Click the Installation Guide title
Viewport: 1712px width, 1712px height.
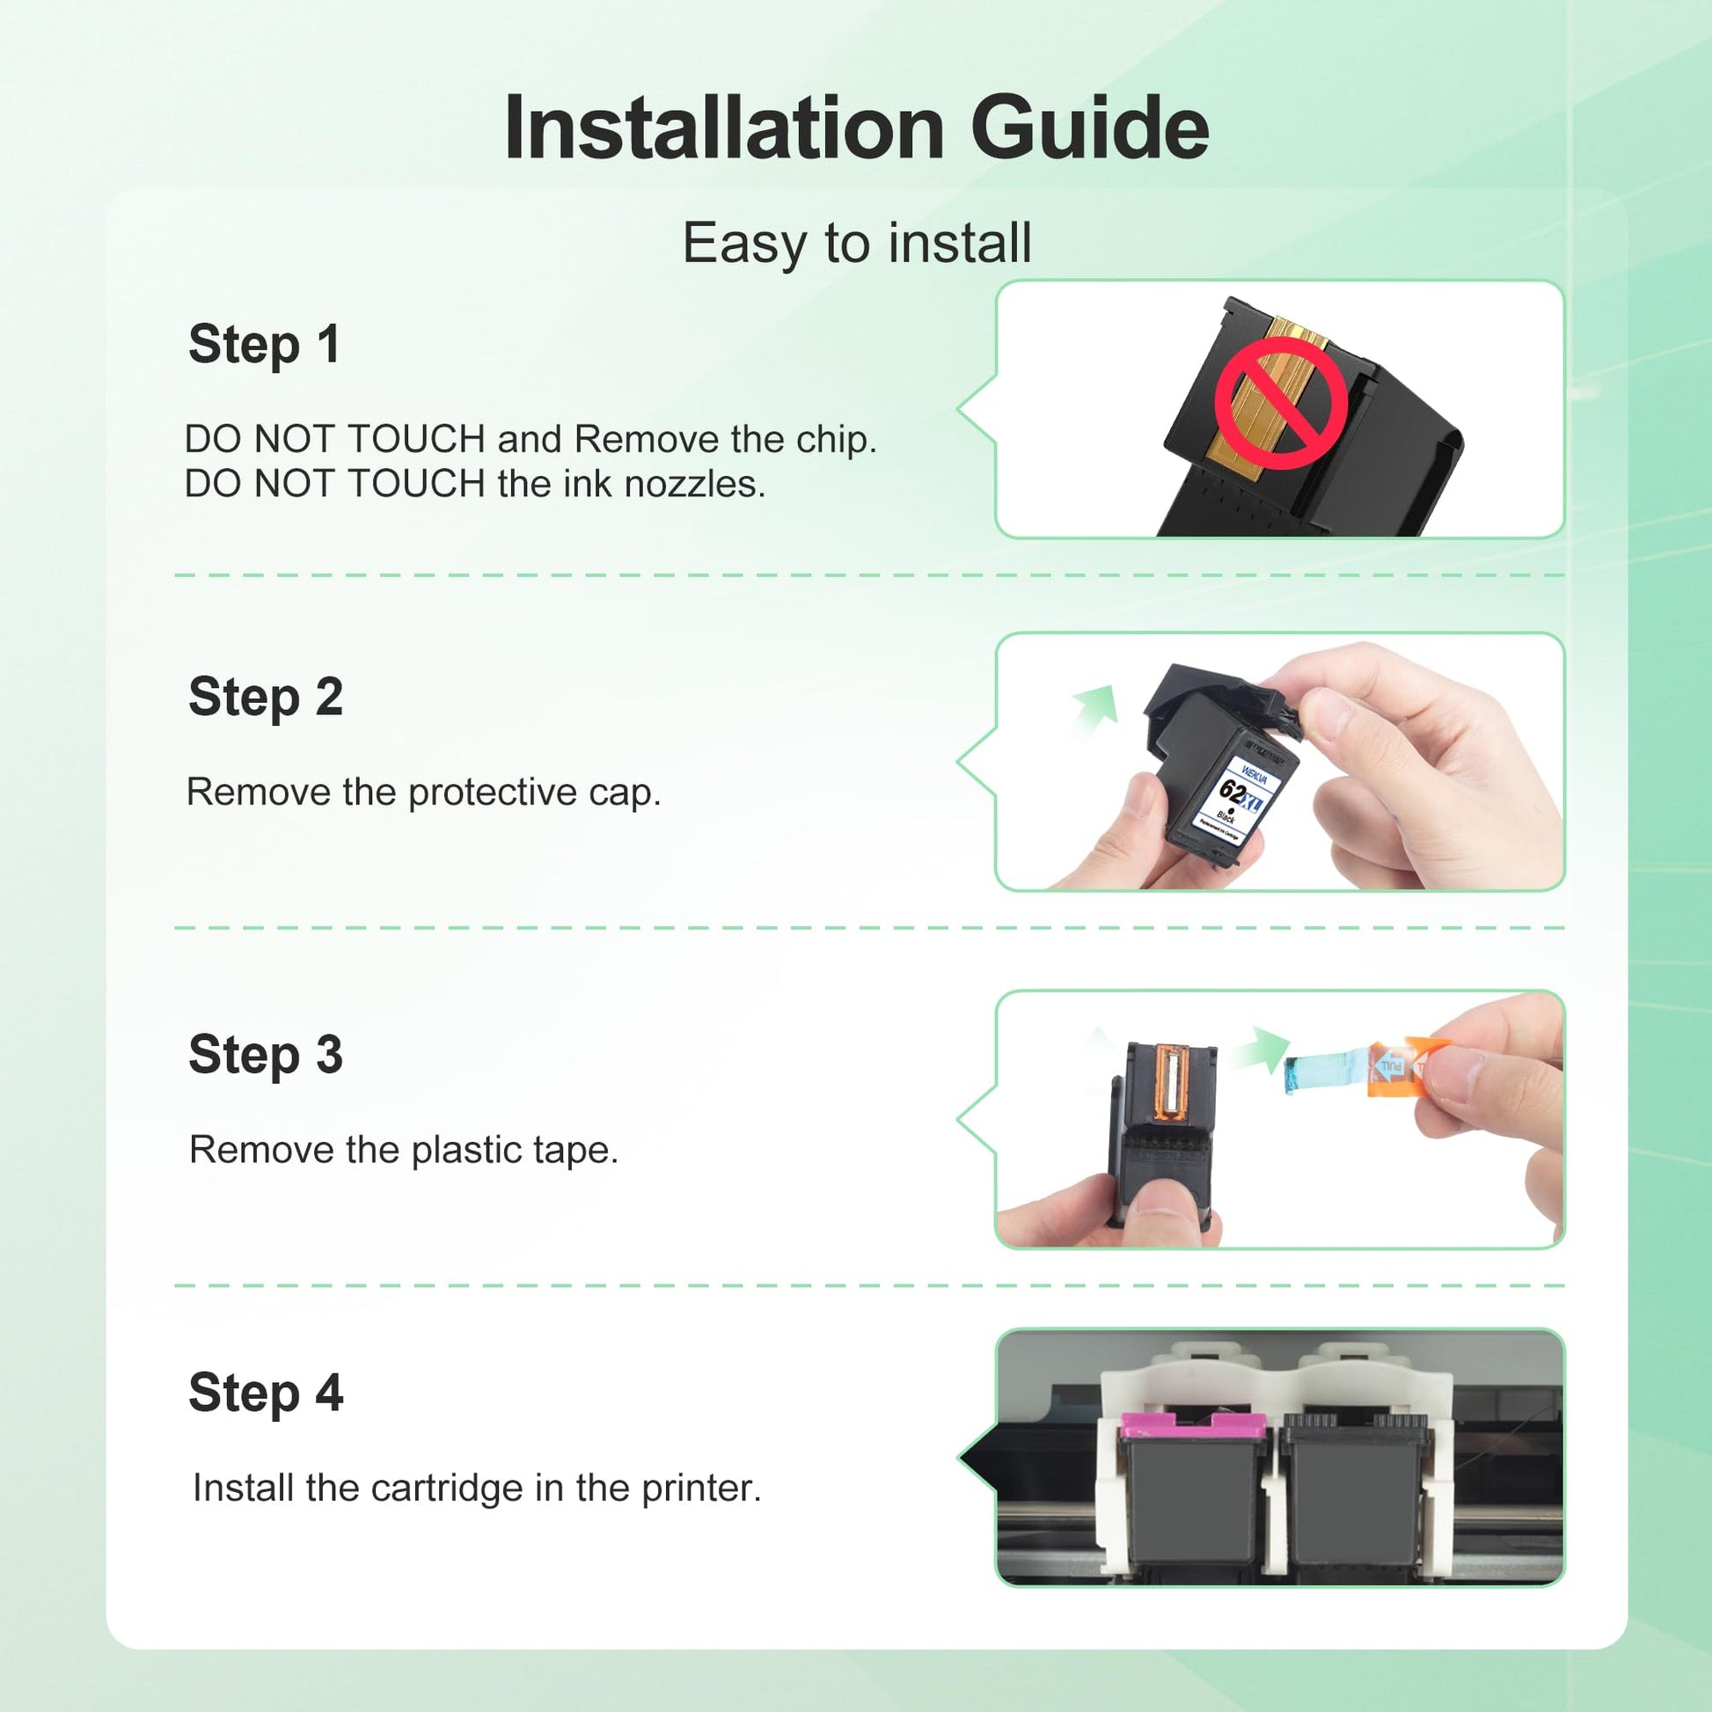click(856, 128)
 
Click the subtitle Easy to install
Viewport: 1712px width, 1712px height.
click(856, 242)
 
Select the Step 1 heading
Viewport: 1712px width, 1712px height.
click(264, 345)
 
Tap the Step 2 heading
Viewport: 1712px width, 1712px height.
click(265, 698)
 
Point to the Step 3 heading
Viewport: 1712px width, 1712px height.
click(265, 1056)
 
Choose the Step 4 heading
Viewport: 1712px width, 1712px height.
click(265, 1392)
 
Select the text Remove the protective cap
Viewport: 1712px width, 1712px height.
click(423, 792)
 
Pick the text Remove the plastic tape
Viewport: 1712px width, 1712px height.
click(403, 1150)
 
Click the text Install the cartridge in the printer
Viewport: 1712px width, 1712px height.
click(477, 1488)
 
